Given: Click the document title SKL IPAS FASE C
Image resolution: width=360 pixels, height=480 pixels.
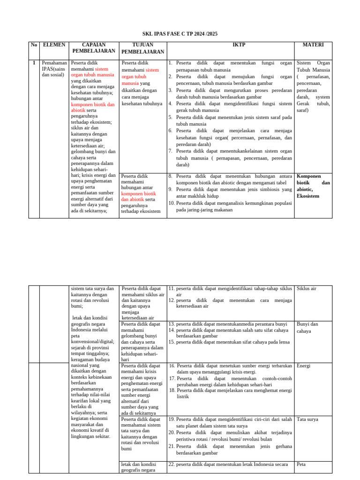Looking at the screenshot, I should point(180,34).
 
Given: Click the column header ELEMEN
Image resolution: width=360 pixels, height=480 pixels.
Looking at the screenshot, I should point(54,45).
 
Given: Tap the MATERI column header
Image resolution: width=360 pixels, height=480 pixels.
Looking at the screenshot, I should point(313,45).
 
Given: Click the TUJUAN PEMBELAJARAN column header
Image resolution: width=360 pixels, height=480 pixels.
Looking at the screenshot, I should point(142,48).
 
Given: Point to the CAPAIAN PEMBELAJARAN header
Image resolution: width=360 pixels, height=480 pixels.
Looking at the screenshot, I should point(94,47).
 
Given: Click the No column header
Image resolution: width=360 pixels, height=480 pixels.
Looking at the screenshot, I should point(34,45).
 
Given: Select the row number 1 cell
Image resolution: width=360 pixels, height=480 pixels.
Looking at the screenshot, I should point(34,62).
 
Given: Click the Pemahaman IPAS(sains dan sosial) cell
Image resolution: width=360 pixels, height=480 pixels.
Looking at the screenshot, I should point(54,68).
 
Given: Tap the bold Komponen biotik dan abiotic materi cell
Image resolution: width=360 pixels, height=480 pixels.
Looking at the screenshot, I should point(313,186).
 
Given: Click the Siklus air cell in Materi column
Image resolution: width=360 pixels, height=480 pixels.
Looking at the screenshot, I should point(307,288).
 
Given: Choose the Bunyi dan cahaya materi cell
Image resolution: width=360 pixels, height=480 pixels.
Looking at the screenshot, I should point(307,327).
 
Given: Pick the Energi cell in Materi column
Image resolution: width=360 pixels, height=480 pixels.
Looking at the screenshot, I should point(304,366).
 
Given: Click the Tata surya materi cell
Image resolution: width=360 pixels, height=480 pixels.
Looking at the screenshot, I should point(307,419).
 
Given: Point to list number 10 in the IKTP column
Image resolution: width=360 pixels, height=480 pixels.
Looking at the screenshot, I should point(172,203).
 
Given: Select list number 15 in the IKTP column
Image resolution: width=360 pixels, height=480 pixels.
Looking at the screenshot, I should point(172,342).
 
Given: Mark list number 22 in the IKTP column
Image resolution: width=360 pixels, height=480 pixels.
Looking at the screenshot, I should point(172,464).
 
